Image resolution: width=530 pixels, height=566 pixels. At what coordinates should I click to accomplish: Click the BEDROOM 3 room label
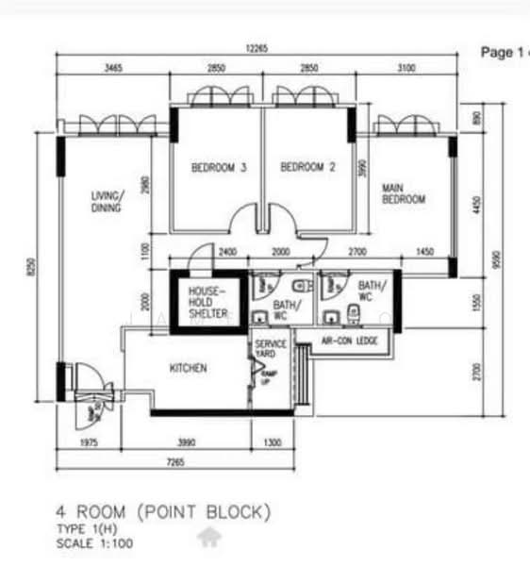[x=219, y=168]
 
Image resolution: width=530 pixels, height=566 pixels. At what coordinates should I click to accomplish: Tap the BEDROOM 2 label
[x=308, y=168]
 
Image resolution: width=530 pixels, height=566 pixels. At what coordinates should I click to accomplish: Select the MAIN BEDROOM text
[x=403, y=194]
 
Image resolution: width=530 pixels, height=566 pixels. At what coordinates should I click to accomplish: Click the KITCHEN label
[x=188, y=368]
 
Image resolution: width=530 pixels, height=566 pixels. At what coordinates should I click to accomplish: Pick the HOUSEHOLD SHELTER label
[x=207, y=302]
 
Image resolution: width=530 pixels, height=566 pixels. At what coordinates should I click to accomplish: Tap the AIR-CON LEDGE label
[x=349, y=341]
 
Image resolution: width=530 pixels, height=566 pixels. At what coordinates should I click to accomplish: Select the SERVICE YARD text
[x=271, y=350]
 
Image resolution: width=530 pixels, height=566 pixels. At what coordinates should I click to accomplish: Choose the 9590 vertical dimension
[x=499, y=258]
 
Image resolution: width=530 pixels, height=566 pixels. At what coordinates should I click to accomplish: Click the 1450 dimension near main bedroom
[x=424, y=253]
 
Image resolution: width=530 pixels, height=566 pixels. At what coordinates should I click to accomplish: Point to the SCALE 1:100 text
[x=94, y=544]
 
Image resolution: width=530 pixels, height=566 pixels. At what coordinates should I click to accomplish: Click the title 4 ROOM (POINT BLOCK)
[x=163, y=512]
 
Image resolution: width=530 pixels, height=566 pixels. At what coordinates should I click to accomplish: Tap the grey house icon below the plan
[x=208, y=538]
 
